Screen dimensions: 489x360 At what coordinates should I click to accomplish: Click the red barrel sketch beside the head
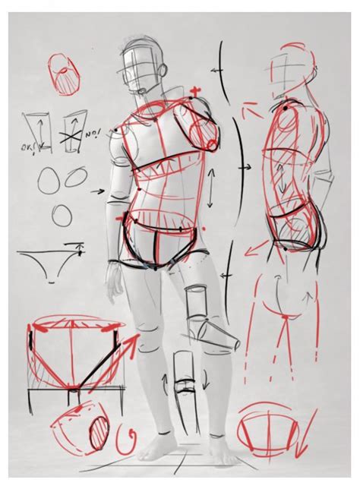[62, 77]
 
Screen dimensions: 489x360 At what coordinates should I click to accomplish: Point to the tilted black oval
[77, 179]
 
